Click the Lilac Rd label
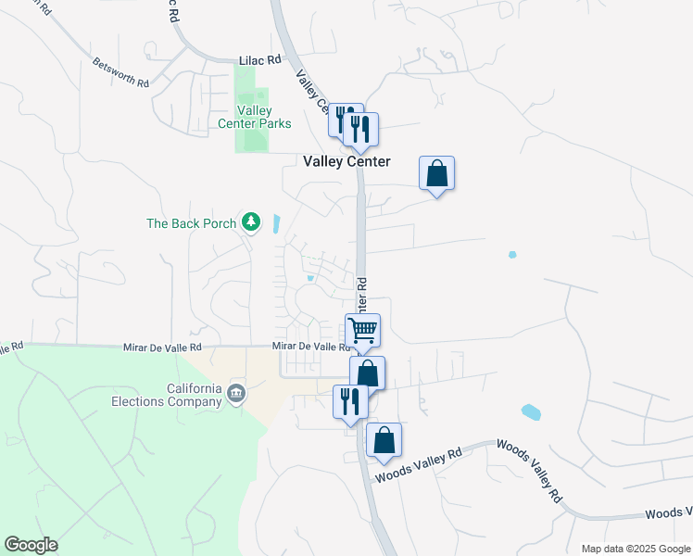point(259,59)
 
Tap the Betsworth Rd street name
point(120,73)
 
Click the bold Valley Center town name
point(346,161)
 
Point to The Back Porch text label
point(192,223)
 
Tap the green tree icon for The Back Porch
point(250,222)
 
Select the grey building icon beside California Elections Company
point(237,395)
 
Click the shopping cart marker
point(363,329)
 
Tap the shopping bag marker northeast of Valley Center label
point(436,173)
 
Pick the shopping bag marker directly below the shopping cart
point(368,373)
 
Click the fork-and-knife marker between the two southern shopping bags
point(350,401)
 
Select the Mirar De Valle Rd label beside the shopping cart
point(311,347)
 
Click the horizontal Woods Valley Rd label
point(417,466)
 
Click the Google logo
point(31,545)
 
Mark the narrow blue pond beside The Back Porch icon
point(277,223)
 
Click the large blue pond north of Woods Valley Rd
point(531,411)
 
